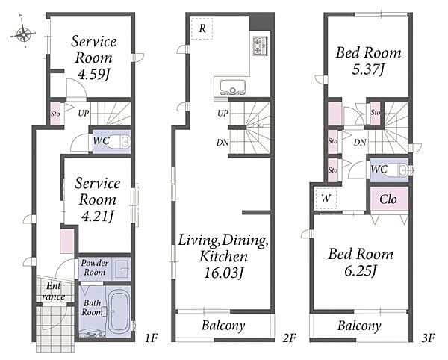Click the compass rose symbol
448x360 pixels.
pyautogui.click(x=24, y=34)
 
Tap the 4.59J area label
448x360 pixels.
pyautogui.click(x=94, y=75)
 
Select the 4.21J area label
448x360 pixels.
pyautogui.click(x=98, y=217)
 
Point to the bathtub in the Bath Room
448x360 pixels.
pyautogui.click(x=119, y=311)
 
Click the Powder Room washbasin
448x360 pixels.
pyautogui.click(x=122, y=269)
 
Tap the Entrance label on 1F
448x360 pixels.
pyautogui.click(x=53, y=291)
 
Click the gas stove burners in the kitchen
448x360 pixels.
pyautogui.click(x=260, y=46)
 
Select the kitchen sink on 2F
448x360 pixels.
pyautogui.click(x=232, y=87)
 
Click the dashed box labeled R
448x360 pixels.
pyautogui.click(x=202, y=28)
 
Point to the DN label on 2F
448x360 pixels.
pyautogui.click(x=223, y=142)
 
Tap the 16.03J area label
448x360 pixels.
pyautogui.click(x=223, y=273)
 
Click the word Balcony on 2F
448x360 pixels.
pyautogui.click(x=223, y=326)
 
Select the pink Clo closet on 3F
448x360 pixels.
pyautogui.click(x=389, y=199)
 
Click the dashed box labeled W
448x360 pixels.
pyautogui.click(x=326, y=198)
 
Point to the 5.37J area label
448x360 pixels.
pyautogui.click(x=369, y=69)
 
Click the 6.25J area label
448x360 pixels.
pyautogui.click(x=361, y=270)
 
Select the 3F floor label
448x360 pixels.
pyautogui.click(x=428, y=338)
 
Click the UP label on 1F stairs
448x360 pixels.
pyautogui.click(x=84, y=114)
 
